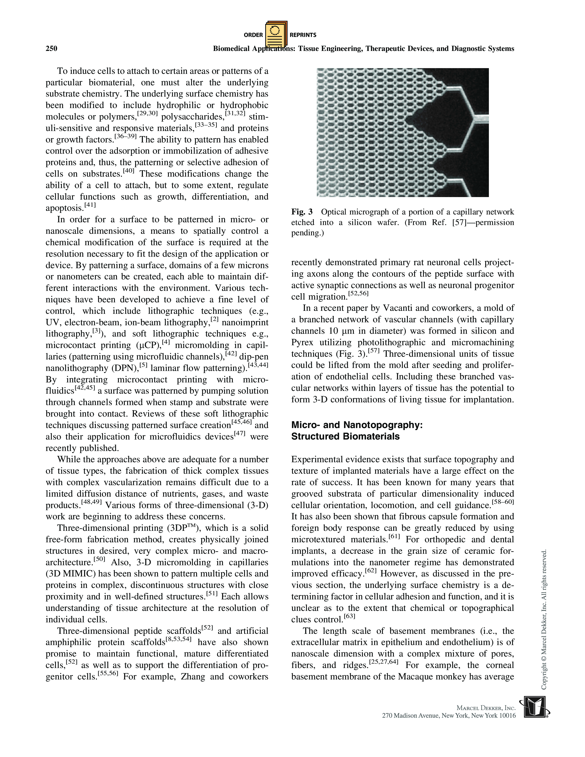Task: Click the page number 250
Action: (x=51, y=49)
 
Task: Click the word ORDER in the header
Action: (x=253, y=35)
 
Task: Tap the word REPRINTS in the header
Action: (x=303, y=35)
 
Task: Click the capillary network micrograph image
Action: (x=402, y=132)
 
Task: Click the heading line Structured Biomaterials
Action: (x=345, y=436)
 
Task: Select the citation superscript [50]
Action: (x=100, y=559)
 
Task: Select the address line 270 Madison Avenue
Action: (x=448, y=716)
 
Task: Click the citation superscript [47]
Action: (x=240, y=434)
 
